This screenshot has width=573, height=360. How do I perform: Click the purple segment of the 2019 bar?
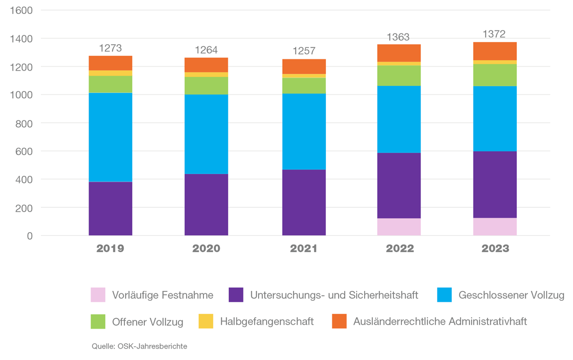click(110, 208)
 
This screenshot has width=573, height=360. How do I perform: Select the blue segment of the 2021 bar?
click(304, 131)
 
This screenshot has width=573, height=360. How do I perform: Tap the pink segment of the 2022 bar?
click(399, 227)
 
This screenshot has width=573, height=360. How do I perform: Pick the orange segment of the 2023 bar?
click(495, 51)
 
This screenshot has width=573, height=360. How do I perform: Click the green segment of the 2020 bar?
click(206, 86)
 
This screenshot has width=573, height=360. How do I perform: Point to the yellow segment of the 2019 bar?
click(110, 73)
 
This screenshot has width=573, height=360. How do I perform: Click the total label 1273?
click(110, 48)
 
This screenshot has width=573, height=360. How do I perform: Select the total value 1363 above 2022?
click(398, 37)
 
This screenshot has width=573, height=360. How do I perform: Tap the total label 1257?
click(304, 52)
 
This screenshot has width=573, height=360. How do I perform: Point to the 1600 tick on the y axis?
click(21, 10)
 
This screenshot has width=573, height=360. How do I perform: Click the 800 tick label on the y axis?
click(24, 123)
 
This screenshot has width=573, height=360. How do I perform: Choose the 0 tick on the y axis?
click(30, 236)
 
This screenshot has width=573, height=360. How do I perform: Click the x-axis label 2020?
click(206, 249)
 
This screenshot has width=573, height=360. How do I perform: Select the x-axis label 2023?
click(495, 249)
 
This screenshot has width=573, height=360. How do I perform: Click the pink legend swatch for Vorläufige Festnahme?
click(98, 295)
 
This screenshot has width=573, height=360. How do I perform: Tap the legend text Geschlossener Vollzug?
click(511, 295)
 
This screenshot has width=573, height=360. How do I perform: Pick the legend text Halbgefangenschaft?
click(267, 322)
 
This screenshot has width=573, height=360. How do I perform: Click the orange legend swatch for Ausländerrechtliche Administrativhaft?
click(339, 321)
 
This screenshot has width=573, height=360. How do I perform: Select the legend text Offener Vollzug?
click(148, 322)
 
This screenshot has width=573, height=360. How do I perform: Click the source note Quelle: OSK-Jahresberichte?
click(140, 347)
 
